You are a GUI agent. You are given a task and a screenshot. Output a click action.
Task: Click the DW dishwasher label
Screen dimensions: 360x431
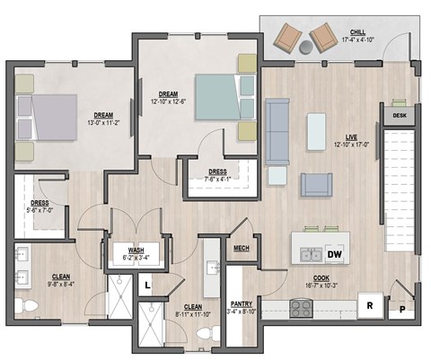click(334, 256)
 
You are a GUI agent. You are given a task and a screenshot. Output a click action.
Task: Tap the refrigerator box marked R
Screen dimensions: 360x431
click(369, 305)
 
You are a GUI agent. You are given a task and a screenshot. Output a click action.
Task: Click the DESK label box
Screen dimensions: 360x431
click(398, 115)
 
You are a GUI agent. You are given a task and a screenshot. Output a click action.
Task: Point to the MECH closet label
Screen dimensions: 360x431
click(241, 249)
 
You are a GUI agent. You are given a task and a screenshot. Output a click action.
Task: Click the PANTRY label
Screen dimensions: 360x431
click(240, 303)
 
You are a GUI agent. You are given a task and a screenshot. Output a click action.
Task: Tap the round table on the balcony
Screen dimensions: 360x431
click(305, 46)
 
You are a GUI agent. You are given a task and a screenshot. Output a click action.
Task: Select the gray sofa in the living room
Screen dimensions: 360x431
click(277, 131)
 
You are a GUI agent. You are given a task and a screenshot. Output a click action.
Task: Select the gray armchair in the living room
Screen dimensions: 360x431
click(316, 184)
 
